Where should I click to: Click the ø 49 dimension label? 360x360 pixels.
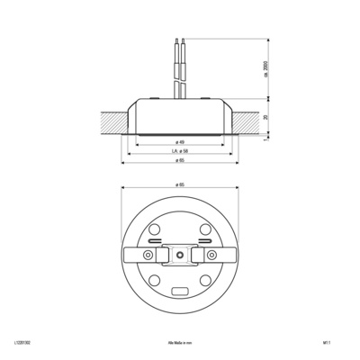point(180,142)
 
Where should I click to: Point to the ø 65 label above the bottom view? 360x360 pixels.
point(180,186)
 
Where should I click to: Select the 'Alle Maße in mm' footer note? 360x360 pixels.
point(180,344)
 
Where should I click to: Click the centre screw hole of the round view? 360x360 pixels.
point(180,256)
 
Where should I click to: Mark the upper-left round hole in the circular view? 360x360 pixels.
point(154,229)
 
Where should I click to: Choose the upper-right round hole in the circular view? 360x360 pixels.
point(206,229)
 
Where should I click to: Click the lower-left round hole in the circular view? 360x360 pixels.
point(154,282)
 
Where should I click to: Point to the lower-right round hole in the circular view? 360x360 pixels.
point(206,282)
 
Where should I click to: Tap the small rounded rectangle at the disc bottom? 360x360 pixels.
point(180,292)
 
